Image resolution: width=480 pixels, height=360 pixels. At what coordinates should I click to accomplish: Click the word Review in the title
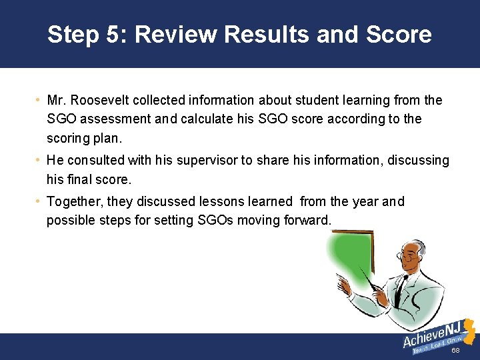(175, 34)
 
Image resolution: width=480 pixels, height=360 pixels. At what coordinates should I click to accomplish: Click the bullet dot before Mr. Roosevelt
(40, 101)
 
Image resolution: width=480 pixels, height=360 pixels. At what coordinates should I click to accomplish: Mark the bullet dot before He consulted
(40, 161)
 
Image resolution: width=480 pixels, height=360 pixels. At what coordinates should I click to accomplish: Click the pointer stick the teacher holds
(363, 273)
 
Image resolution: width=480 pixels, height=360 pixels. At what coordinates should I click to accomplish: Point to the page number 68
(456, 351)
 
